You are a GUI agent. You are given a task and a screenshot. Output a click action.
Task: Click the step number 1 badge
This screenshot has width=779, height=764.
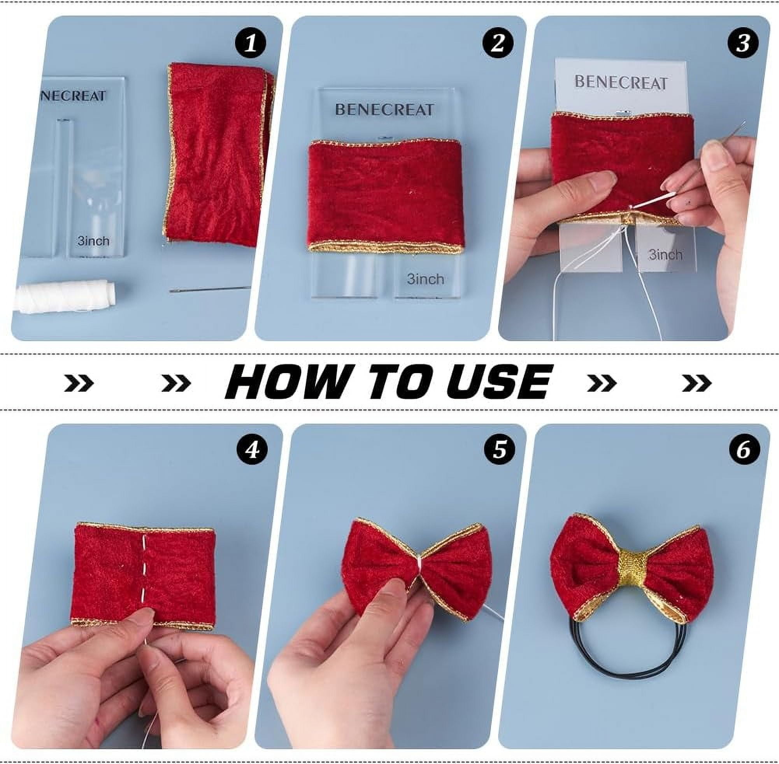tap(251, 42)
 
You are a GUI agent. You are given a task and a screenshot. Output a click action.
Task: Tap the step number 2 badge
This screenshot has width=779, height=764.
tap(498, 42)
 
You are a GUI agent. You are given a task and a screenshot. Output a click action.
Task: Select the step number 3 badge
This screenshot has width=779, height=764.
tap(743, 42)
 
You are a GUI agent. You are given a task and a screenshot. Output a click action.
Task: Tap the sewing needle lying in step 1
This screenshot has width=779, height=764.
tap(210, 289)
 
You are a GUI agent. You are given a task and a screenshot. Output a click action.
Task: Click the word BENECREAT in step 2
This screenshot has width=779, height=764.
tap(384, 109)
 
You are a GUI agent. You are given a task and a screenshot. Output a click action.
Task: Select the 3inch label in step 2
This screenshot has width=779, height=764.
tap(425, 279)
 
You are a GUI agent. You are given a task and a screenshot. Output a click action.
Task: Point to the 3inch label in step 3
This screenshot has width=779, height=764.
tap(665, 254)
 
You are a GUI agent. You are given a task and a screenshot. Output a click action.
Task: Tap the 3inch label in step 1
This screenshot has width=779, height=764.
tap(93, 241)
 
